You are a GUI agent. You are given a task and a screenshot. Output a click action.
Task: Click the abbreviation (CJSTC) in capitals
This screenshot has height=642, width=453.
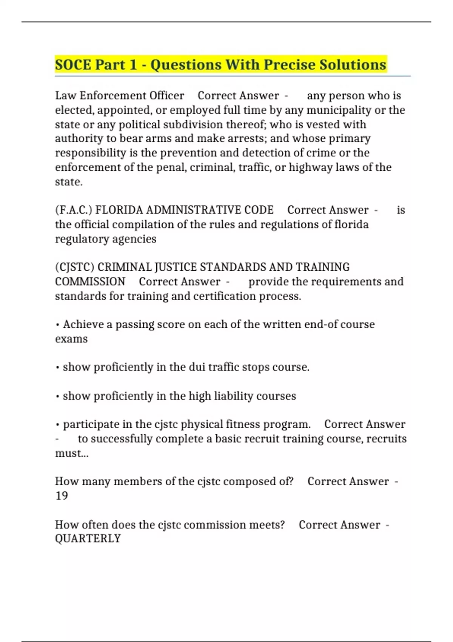74,267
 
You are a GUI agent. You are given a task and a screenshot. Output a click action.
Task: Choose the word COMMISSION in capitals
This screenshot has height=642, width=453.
90,282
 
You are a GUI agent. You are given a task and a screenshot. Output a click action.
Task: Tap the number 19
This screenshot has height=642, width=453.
61,495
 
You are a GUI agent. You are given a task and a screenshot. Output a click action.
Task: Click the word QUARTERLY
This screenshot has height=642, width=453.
88,539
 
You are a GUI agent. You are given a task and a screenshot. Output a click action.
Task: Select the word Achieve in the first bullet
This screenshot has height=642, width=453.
88,324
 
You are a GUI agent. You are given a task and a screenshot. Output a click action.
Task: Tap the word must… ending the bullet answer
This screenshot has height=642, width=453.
71,453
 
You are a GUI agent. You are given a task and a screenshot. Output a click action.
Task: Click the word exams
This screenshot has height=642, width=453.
71,339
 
